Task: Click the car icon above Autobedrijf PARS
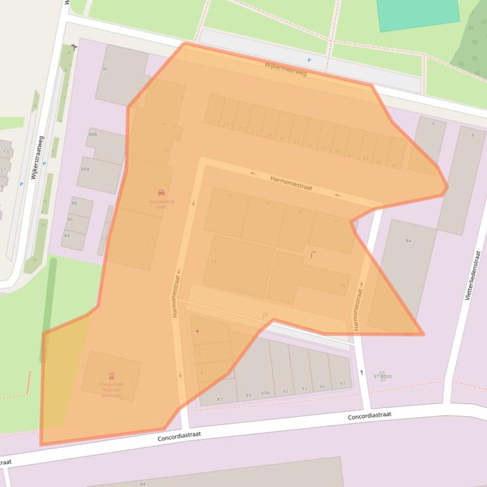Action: pyautogui.click(x=161, y=192)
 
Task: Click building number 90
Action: pyautogui.click(x=104, y=69)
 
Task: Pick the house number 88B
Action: pyautogui.click(x=92, y=135)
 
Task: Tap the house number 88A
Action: pyautogui.click(x=85, y=169)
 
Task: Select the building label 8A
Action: pyautogui.click(x=408, y=241)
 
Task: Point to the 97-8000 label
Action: pyautogui.click(x=383, y=376)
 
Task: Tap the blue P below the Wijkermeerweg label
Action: pyautogui.click(x=309, y=61)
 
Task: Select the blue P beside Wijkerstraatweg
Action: pyautogui.click(x=21, y=184)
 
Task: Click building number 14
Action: pyautogui.click(x=213, y=261)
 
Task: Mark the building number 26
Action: pyautogui.click(x=342, y=285)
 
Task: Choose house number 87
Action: pyautogui.click(x=219, y=399)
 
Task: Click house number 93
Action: pyautogui.click(x=304, y=388)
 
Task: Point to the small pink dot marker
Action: pyautogui.click(x=198, y=331)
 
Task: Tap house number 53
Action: pyautogui.click(x=6, y=152)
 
